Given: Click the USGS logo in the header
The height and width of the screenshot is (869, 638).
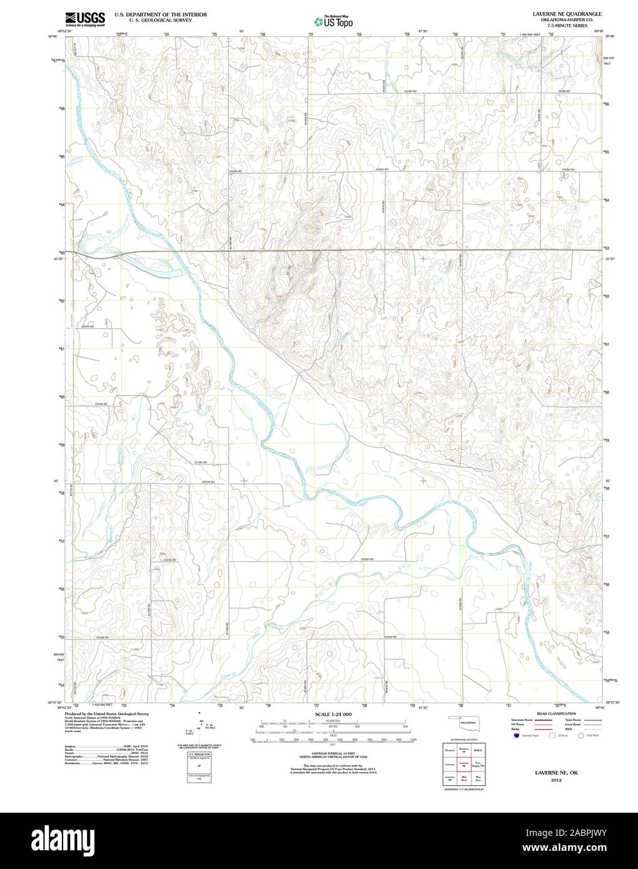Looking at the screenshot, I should click(83, 18).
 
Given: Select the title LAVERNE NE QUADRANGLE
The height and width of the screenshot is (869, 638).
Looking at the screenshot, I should click(567, 13).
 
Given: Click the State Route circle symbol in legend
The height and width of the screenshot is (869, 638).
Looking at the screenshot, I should click(581, 736).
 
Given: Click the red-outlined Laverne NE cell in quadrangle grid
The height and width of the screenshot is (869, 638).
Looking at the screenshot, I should click(464, 763).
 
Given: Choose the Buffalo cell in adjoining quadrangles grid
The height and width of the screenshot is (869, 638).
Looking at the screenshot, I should click(478, 749).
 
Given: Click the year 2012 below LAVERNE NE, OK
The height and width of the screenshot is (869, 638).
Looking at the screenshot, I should click(556, 780).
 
